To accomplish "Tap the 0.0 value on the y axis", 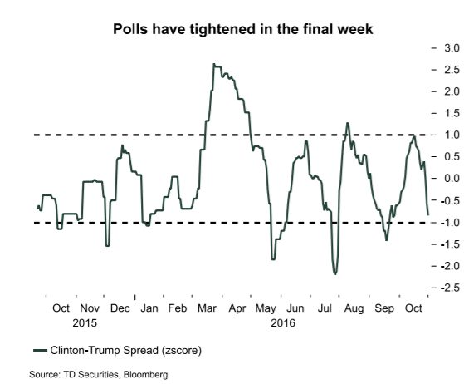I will [x=448, y=178].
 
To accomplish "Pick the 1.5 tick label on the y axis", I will [x=448, y=113].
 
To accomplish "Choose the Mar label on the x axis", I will [x=208, y=308].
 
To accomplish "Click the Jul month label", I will [x=326, y=308].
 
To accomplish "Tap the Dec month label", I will [x=120, y=308].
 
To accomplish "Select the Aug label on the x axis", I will [x=354, y=308].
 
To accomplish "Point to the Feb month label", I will [x=178, y=308].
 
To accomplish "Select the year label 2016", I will [x=284, y=322].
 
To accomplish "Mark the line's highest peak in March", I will [x=214, y=64].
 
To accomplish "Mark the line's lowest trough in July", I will [x=335, y=273].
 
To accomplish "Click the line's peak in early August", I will [x=347, y=123].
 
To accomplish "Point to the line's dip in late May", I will [x=273, y=259].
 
